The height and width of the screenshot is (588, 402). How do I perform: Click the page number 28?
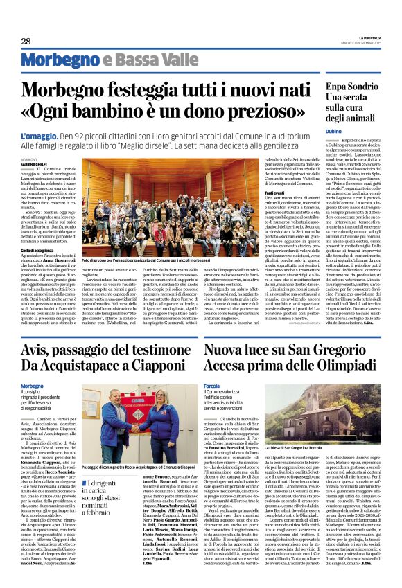point(26,42)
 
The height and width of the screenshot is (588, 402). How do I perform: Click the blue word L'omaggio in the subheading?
point(40,136)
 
